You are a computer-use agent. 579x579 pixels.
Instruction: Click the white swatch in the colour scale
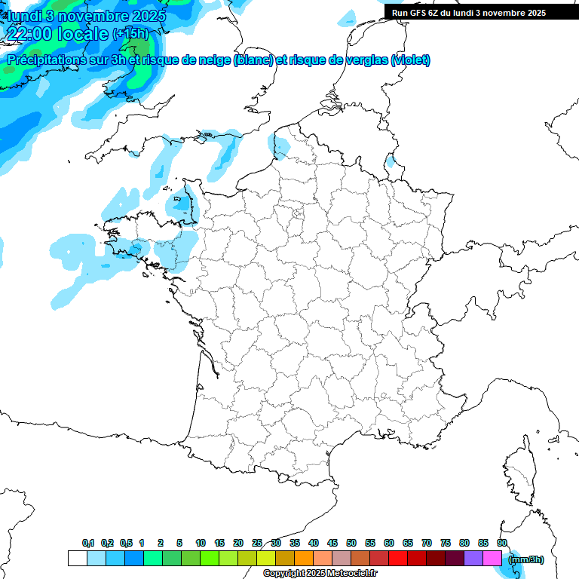[77, 559]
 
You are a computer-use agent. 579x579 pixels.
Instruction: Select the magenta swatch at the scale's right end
[492, 559]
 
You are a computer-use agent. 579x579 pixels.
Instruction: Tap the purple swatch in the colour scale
[473, 559]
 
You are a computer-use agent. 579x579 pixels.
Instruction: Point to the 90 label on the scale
[502, 543]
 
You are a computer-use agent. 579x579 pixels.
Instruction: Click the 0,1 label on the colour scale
[88, 543]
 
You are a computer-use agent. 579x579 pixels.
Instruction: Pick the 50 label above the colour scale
[351, 543]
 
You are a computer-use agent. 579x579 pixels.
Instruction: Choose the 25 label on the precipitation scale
[257, 543]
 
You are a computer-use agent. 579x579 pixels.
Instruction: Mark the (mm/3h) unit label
[525, 559]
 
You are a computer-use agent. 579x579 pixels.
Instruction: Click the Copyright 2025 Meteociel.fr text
[320, 574]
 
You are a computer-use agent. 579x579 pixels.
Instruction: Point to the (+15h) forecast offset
[130, 33]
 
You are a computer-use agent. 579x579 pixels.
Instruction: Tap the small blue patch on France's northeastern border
[390, 161]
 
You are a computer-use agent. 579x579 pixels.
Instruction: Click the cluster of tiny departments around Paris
[298, 218]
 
